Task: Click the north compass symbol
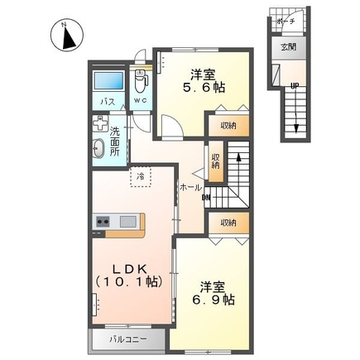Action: pyautogui.click(x=67, y=35)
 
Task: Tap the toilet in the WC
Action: pyautogui.click(x=141, y=81)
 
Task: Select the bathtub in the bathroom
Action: pyautogui.click(x=108, y=81)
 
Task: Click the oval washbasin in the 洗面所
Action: pyautogui.click(x=98, y=148)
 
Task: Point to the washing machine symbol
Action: pyautogui.click(x=100, y=123)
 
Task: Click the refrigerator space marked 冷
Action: pyautogui.click(x=141, y=176)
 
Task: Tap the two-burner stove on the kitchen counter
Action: pyautogui.click(x=103, y=221)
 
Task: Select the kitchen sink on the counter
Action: pyautogui.click(x=128, y=222)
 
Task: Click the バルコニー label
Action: pyautogui.click(x=127, y=339)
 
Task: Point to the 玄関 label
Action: pyautogui.click(x=289, y=47)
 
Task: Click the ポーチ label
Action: pyautogui.click(x=286, y=21)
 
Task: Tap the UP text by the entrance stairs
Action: pyautogui.click(x=295, y=86)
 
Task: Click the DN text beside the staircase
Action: pyautogui.click(x=206, y=197)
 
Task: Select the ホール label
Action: pyautogui.click(x=190, y=188)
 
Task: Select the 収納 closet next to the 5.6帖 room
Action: pyautogui.click(x=228, y=126)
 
